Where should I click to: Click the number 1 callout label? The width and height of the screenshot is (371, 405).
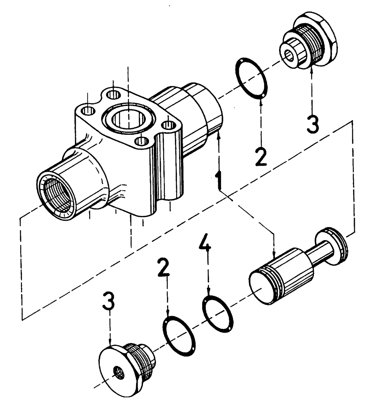tap(219, 180)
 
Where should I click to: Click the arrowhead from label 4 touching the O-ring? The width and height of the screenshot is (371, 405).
tap(208, 298)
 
